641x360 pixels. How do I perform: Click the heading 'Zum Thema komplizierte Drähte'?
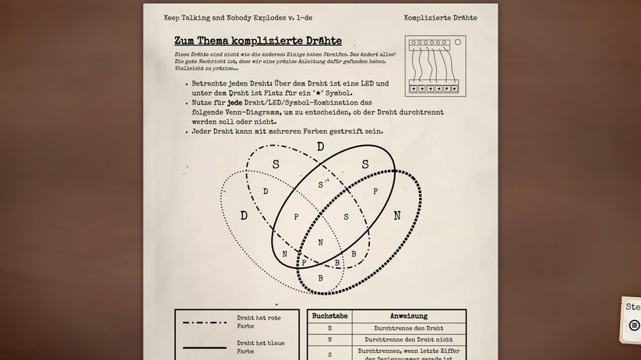pos(258,41)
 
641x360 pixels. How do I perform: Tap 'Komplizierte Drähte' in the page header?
pos(440,18)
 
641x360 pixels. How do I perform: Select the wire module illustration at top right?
pos(435,66)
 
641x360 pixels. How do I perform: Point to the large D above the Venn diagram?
pos(320,146)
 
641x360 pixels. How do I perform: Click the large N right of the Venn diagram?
pos(396,216)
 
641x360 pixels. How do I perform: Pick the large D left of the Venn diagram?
pos(244,216)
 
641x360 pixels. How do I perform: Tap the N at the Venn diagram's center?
pos(320,242)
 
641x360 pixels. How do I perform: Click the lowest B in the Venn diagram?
pos(320,278)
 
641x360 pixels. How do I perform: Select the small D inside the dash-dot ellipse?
pos(266,192)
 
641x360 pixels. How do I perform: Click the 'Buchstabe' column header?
pos(329,316)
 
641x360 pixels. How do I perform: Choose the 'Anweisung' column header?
pos(408,316)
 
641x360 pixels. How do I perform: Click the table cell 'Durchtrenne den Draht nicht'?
pos(408,340)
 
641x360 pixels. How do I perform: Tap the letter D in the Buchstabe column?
pos(329,328)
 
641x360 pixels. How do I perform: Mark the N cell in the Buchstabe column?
pos(329,340)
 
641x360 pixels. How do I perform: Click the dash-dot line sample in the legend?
pos(204,322)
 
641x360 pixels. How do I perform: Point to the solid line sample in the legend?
pos(204,348)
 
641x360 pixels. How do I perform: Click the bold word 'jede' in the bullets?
pos(236,102)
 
